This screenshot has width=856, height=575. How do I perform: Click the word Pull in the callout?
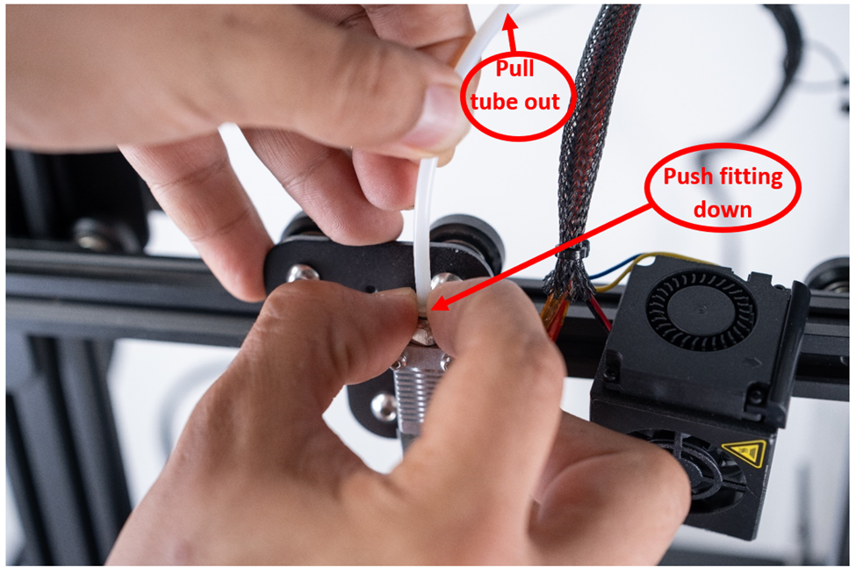514,69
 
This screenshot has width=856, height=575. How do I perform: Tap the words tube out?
514,102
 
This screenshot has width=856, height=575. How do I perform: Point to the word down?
723,210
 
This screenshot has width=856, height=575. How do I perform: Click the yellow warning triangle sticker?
745,453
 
